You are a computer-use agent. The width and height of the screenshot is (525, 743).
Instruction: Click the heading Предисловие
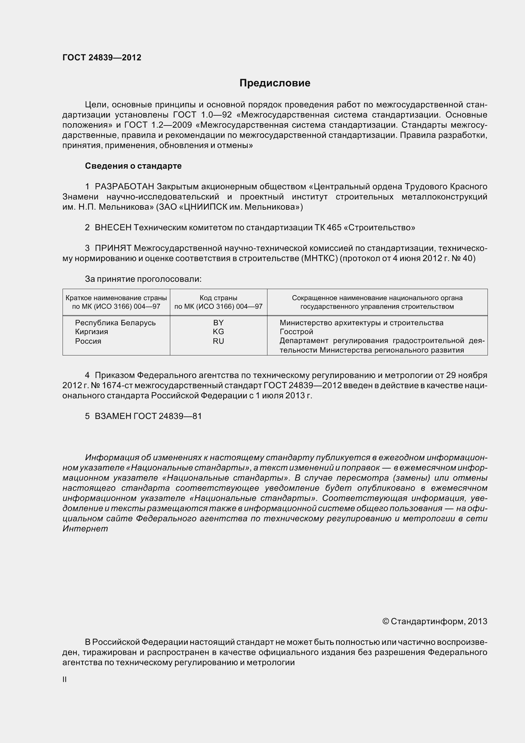click(x=275, y=83)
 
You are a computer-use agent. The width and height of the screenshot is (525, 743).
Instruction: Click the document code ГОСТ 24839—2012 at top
click(x=102, y=57)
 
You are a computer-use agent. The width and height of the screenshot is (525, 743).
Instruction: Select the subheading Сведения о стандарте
click(x=133, y=166)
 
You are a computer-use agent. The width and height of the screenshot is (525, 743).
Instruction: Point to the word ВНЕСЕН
click(x=113, y=228)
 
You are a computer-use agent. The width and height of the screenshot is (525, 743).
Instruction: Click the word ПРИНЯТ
click(x=113, y=248)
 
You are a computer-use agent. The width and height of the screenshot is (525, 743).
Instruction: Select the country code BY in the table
click(x=218, y=323)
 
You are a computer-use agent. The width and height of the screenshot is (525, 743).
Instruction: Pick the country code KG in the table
click(x=218, y=332)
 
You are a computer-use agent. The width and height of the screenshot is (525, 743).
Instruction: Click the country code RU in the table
click(x=218, y=341)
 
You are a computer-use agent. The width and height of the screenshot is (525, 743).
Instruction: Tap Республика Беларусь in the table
click(x=115, y=323)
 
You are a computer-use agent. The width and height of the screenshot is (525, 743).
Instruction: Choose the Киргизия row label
click(x=91, y=332)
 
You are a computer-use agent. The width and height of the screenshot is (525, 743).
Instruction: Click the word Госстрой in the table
click(x=296, y=332)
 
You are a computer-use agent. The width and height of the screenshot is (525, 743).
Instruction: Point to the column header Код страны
click(x=218, y=298)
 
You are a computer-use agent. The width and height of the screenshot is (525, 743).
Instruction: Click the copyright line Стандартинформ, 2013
click(x=435, y=621)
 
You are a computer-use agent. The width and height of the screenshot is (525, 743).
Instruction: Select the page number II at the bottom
click(x=64, y=679)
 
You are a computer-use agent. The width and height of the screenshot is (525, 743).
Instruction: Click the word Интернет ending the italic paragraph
click(x=85, y=529)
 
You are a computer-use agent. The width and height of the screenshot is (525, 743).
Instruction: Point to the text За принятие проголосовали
click(x=143, y=279)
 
